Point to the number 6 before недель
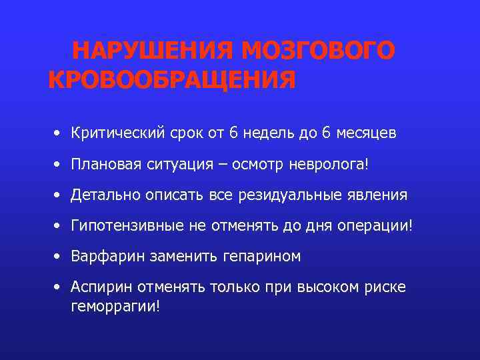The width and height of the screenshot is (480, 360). (233, 133)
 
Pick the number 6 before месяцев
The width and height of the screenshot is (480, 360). (325, 133)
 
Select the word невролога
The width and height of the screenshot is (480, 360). (327, 164)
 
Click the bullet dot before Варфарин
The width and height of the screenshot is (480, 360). (59, 256)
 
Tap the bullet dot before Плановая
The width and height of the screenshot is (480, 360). (59, 164)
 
